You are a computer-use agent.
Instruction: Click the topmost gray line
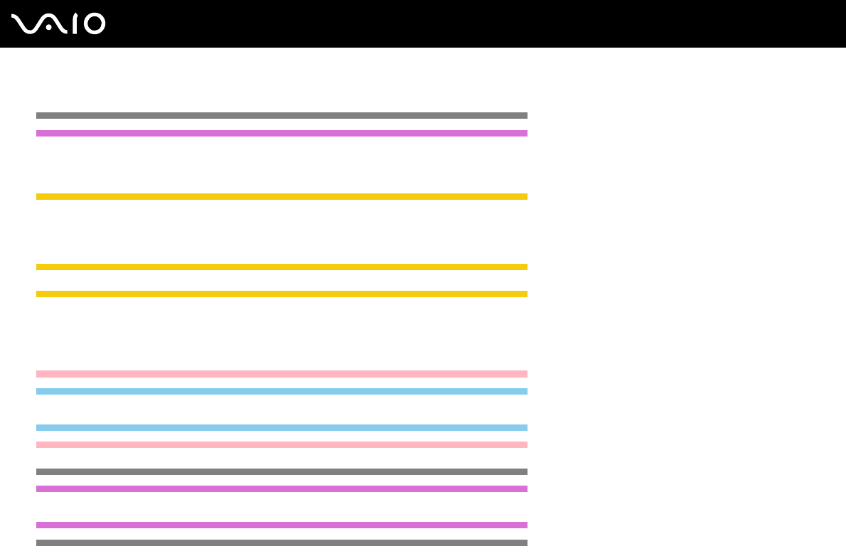click(x=282, y=115)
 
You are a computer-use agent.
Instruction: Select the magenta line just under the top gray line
click(x=282, y=133)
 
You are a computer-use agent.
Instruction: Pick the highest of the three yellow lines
click(x=282, y=196)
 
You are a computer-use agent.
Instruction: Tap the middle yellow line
click(x=282, y=267)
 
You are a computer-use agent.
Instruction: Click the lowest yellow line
click(x=282, y=294)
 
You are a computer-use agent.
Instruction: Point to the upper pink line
click(x=282, y=373)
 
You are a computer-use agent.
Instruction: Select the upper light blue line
click(x=282, y=391)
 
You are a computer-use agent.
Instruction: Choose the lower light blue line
click(x=282, y=427)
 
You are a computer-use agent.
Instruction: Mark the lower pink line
click(x=282, y=444)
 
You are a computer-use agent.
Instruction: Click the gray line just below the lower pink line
click(x=282, y=471)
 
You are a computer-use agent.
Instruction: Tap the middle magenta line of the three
click(x=282, y=488)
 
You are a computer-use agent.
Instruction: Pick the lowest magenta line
click(x=282, y=525)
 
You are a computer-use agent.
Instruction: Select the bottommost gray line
click(x=282, y=542)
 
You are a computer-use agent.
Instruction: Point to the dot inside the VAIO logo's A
click(x=48, y=28)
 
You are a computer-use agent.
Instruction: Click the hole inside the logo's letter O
click(x=95, y=23)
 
